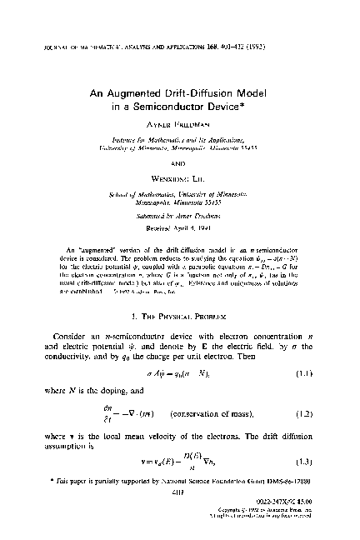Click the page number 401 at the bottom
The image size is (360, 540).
coord(180,491)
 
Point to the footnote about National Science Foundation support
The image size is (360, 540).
coord(180,482)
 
